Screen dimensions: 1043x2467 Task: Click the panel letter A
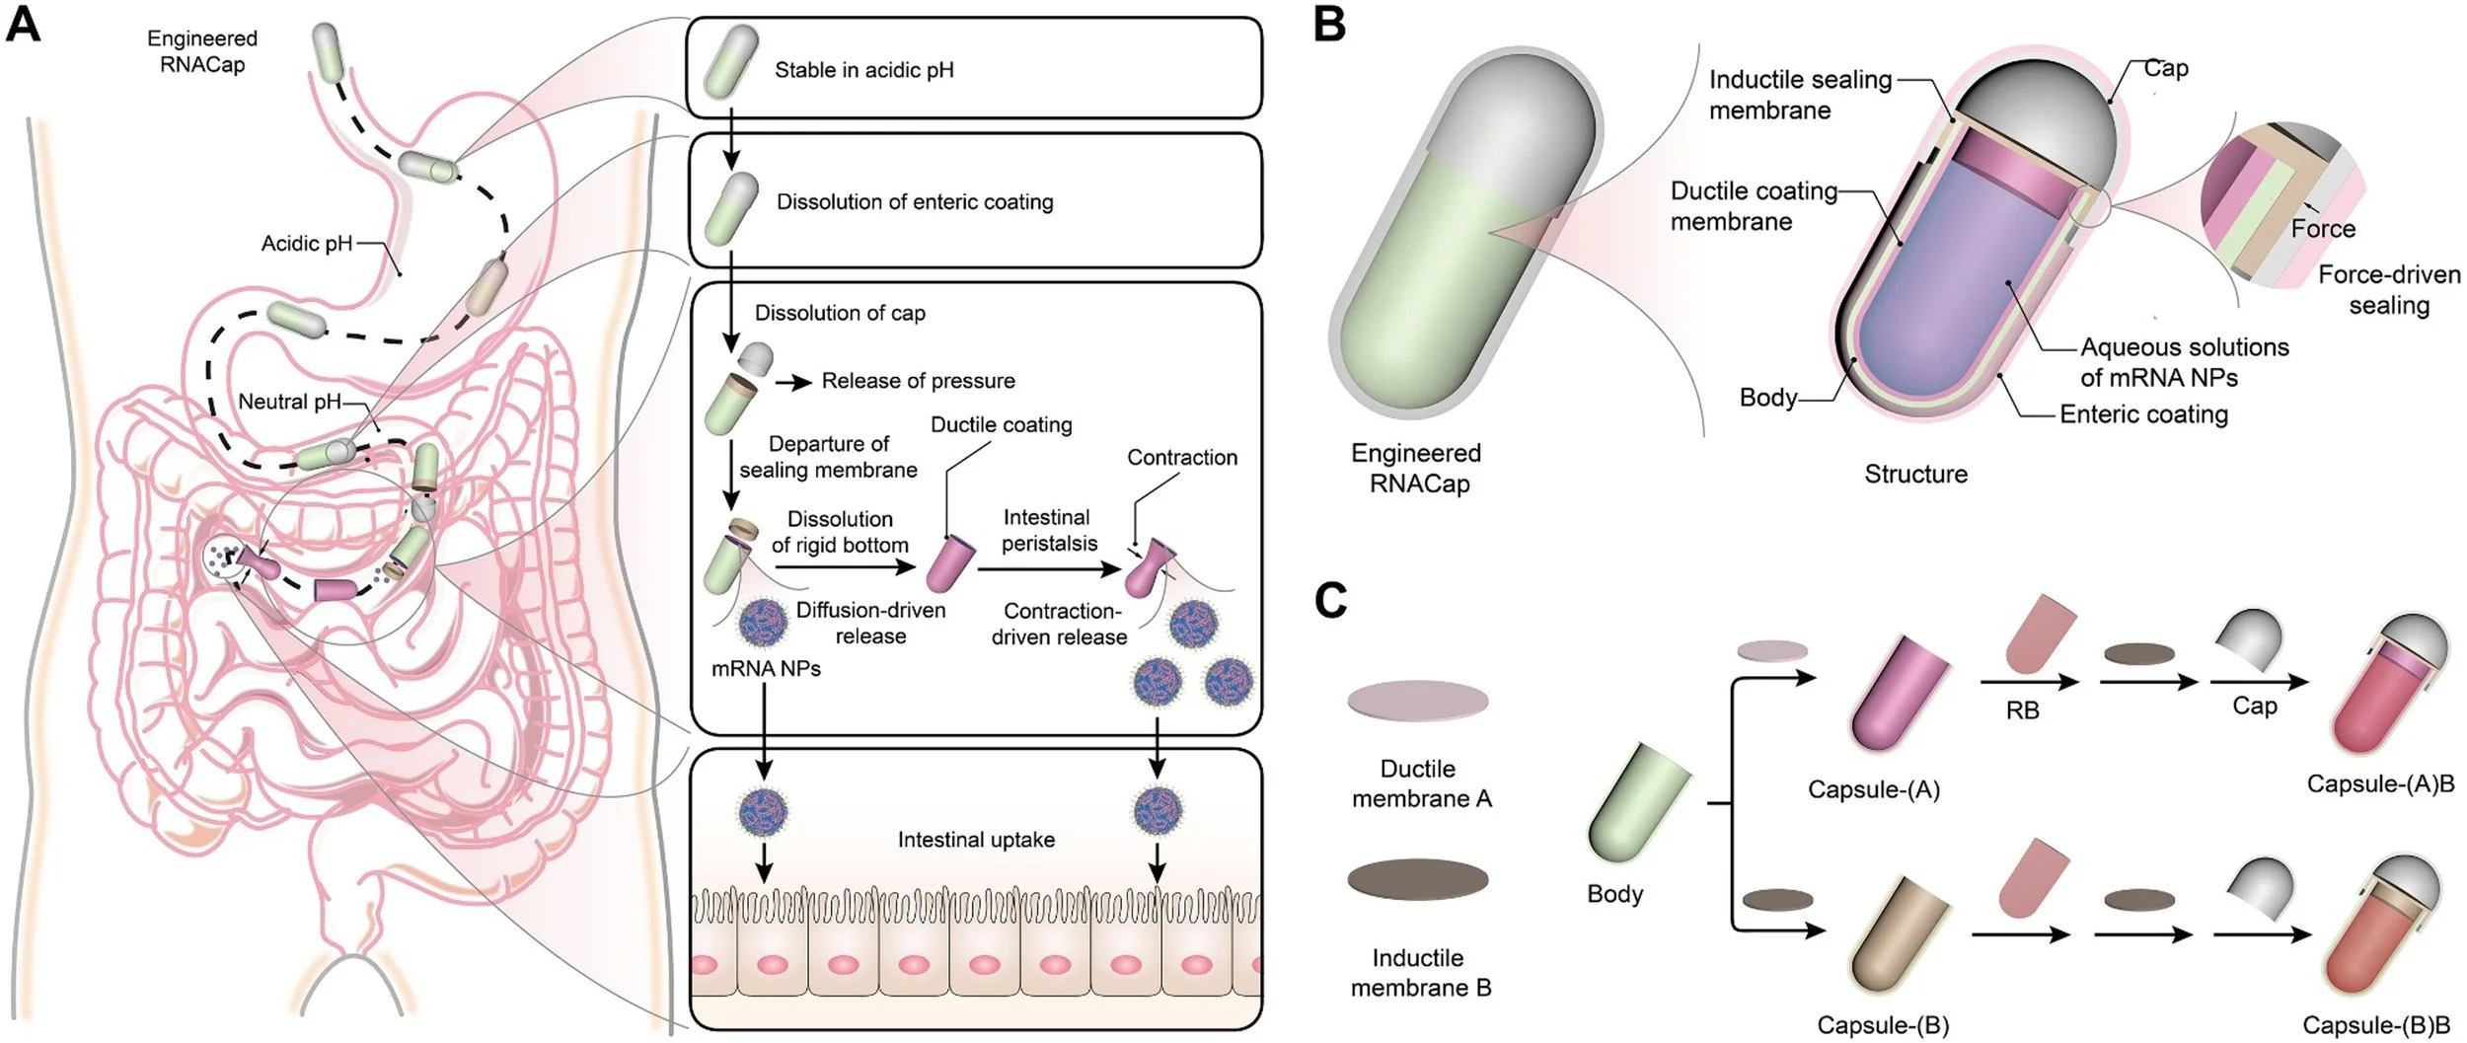point(23,24)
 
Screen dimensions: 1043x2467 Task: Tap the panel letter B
point(1329,24)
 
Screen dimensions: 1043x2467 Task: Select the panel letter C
point(1331,599)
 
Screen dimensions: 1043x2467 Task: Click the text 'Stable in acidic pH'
point(863,70)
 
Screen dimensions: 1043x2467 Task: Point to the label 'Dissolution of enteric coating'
point(914,202)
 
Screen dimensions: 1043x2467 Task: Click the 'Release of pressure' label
point(918,381)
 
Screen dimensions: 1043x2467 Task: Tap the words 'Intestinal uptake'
point(976,840)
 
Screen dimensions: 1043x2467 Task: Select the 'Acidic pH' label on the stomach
point(306,244)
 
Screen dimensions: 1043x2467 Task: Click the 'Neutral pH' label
point(289,402)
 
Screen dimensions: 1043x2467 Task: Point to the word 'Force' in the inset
point(2323,229)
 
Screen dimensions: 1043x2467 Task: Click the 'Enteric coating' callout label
point(2143,414)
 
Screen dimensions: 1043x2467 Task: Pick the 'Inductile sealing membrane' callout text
point(1799,95)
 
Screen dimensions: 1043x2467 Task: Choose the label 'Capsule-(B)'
point(1883,1025)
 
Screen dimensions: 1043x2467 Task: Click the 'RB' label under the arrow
point(2022,710)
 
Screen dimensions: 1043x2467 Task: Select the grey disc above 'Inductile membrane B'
point(1418,879)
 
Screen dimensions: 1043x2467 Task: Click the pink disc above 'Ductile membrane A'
point(1418,701)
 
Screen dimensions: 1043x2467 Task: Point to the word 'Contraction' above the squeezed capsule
point(1181,458)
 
